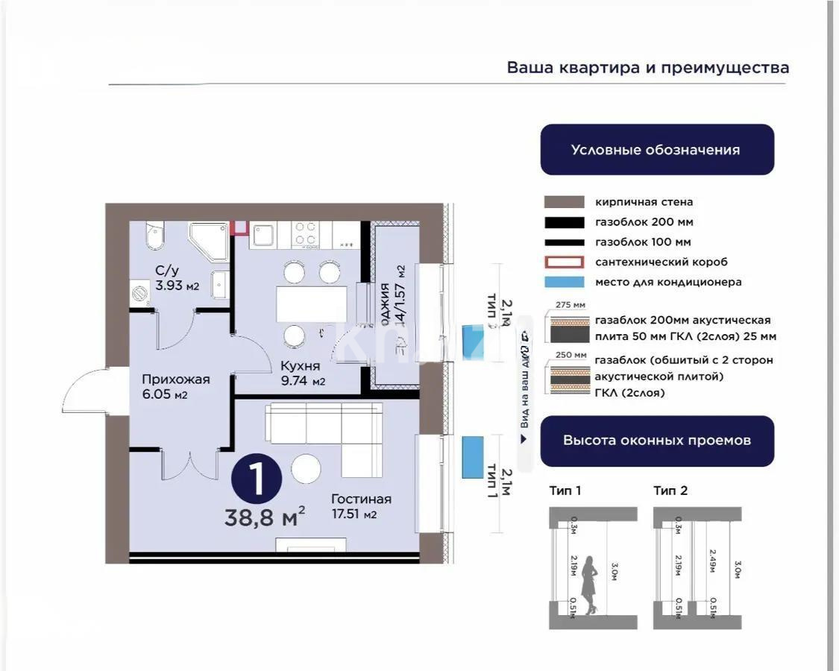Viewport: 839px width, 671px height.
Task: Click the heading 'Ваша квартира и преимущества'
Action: (647, 68)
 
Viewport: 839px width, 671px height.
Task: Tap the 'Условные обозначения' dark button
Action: (656, 150)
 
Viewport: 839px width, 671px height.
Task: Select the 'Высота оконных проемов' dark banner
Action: (656, 441)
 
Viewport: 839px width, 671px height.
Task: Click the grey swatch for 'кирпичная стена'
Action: (564, 202)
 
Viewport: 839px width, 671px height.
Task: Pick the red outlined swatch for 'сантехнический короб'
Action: (564, 262)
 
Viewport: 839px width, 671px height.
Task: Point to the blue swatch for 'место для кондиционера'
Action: (564, 283)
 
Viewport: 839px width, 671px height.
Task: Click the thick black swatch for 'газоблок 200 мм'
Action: (564, 222)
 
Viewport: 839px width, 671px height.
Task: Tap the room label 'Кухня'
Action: (300, 366)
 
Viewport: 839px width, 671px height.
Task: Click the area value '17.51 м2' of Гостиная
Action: (354, 514)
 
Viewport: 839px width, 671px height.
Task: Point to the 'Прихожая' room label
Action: (175, 379)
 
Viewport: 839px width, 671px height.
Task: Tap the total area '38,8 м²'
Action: (265, 517)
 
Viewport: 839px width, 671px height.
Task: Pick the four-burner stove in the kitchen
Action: (305, 233)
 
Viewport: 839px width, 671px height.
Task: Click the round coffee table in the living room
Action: (306, 469)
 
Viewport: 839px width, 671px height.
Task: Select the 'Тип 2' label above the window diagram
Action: (670, 491)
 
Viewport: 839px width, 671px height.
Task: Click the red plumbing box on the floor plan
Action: (240, 228)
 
